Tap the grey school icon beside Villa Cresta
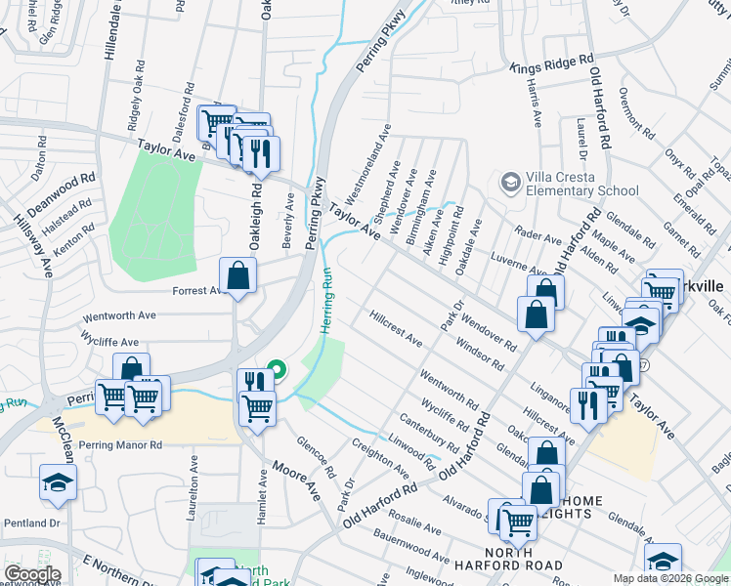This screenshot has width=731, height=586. tap(509, 183)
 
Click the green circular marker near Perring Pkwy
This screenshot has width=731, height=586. tap(277, 370)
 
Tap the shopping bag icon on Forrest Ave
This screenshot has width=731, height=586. tap(237, 276)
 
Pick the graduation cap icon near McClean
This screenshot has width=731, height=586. tap(58, 482)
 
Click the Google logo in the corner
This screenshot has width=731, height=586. tap(31, 574)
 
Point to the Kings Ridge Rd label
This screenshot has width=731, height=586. tap(552, 64)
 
